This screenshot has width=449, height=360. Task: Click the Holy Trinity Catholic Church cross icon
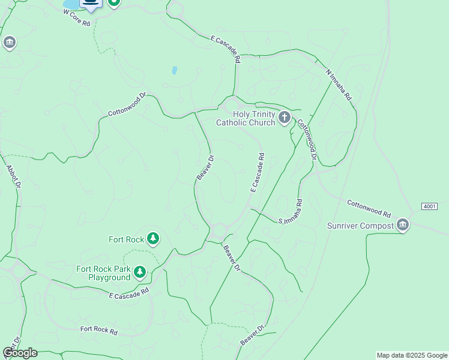click(284, 117)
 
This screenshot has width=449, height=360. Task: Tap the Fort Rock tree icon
click(153, 239)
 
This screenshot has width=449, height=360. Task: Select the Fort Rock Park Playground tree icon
click(140, 273)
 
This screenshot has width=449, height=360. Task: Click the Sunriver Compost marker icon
click(403, 226)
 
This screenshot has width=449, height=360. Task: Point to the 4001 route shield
click(429, 206)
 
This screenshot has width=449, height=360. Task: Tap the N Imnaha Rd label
click(339, 85)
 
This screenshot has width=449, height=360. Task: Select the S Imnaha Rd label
click(291, 213)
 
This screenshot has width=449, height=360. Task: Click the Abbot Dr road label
click(13, 177)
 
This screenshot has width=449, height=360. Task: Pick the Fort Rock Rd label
click(99, 330)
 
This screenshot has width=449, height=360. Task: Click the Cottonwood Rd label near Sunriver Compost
click(369, 208)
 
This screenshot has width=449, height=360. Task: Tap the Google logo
click(20, 352)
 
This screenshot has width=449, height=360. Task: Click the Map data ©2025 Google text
click(412, 355)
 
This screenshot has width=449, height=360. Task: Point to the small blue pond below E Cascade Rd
click(174, 70)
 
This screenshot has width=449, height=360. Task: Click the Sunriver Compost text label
click(360, 226)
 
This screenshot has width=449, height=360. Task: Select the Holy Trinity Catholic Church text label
click(246, 118)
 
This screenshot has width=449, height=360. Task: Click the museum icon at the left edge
click(9, 43)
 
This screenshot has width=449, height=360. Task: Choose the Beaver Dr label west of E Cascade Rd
click(205, 169)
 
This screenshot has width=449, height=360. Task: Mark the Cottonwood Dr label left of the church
click(127, 104)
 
